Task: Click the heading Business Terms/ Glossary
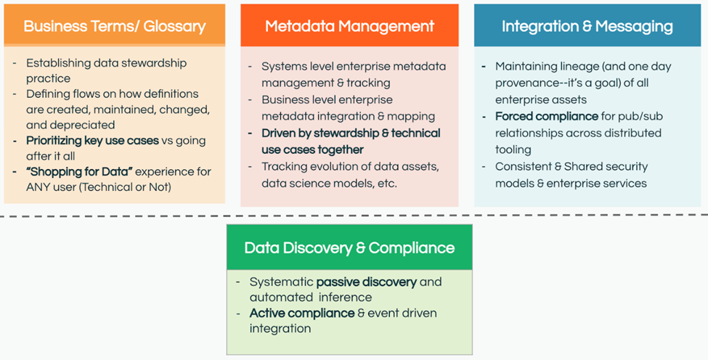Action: pyautogui.click(x=115, y=26)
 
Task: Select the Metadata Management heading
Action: pyautogui.click(x=349, y=26)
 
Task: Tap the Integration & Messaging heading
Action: pyautogui.click(x=587, y=26)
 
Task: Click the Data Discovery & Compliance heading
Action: pyautogui.click(x=349, y=247)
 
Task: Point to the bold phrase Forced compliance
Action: pyautogui.click(x=546, y=116)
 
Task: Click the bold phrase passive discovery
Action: pyautogui.click(x=367, y=282)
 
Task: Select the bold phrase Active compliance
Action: pyautogui.click(x=302, y=313)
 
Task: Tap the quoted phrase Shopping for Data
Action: pyautogui.click(x=79, y=172)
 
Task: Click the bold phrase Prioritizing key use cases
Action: pyautogui.click(x=92, y=141)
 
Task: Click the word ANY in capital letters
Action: pyautogui.click(x=38, y=187)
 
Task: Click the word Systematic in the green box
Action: pyautogui.click(x=281, y=282)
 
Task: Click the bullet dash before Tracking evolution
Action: pyautogui.click(x=250, y=167)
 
